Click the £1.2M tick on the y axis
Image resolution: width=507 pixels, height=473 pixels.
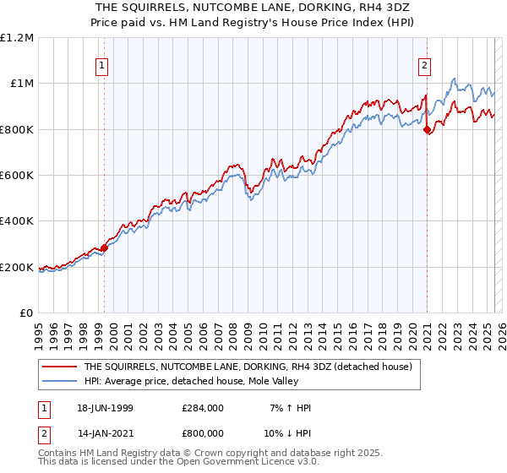click(x=17, y=37)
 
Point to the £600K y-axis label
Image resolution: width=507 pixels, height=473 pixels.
click(x=17, y=176)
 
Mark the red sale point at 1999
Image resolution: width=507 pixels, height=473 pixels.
click(x=105, y=248)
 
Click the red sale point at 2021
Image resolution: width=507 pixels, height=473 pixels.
click(x=427, y=129)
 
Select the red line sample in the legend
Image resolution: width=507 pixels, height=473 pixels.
click(x=59, y=367)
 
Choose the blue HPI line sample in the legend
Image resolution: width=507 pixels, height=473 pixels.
click(x=59, y=381)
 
